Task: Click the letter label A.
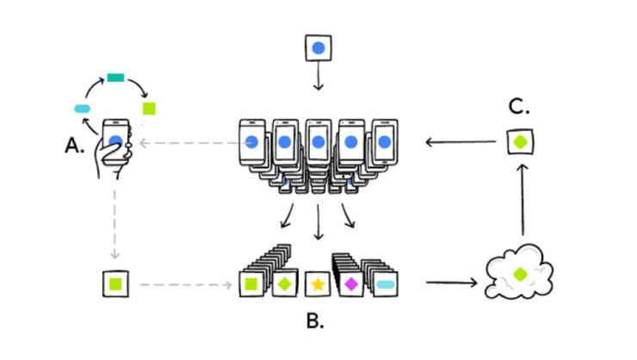point(74,146)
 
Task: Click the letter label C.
point(518,108)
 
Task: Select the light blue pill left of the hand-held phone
point(83,109)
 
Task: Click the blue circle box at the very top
point(318,48)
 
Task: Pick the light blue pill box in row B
point(385,283)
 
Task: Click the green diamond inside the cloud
point(520,274)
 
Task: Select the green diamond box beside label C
point(520,140)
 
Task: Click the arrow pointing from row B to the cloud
point(450,282)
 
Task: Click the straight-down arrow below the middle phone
point(318,225)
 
